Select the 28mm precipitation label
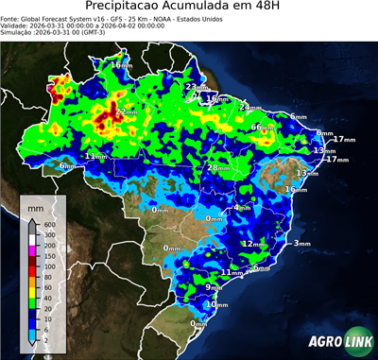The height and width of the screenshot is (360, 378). tap(218, 167)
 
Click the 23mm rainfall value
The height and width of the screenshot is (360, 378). tap(192, 87)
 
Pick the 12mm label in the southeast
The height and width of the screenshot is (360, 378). tap(252, 244)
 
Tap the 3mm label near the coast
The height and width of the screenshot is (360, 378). tap(301, 243)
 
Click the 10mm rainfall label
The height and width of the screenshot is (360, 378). tap(217, 304)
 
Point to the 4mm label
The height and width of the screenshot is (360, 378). tap(241, 207)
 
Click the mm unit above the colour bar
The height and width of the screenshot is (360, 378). tap(37, 205)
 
